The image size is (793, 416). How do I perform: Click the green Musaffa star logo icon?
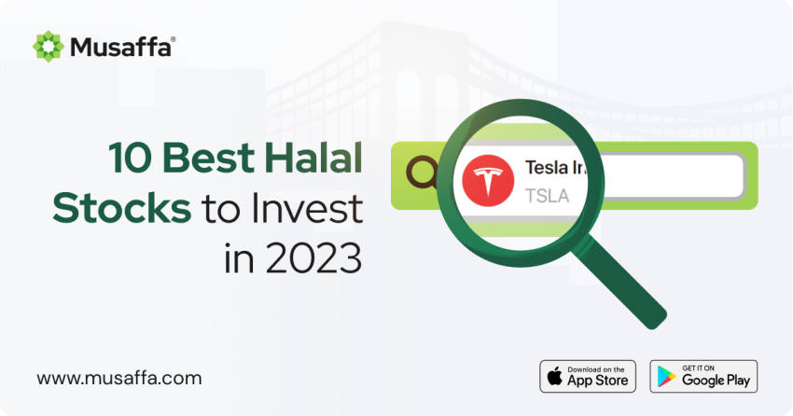click(x=48, y=47)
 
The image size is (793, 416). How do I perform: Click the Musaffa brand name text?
click(x=120, y=48)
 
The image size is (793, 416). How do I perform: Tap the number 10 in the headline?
click(x=130, y=159)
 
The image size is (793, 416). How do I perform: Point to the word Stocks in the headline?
click(x=122, y=208)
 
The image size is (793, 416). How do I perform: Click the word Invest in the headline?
click(x=307, y=208)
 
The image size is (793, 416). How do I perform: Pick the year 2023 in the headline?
click(x=313, y=257)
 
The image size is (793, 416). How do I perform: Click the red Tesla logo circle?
click(x=488, y=180)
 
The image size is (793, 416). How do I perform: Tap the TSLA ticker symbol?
click(x=547, y=196)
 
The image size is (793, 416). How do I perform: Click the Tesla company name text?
click(x=555, y=167)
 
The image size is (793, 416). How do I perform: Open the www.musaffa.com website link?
click(x=119, y=378)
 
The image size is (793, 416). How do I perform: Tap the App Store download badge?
click(x=588, y=377)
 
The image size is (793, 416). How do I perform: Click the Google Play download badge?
click(x=703, y=377)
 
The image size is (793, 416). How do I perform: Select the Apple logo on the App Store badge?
click(x=555, y=377)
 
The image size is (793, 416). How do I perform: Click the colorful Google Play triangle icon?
click(x=666, y=377)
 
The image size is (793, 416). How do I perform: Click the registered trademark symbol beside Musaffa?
click(x=173, y=39)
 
